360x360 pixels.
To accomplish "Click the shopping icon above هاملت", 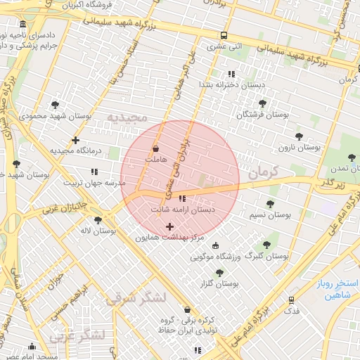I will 156,149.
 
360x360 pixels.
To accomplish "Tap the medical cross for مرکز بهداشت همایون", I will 169,226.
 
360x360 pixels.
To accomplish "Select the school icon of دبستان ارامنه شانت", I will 183,198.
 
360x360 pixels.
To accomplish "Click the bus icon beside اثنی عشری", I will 224,36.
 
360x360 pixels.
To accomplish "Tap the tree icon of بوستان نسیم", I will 271,204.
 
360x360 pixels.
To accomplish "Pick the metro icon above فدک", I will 292,300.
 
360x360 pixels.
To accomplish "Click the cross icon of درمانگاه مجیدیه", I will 75,140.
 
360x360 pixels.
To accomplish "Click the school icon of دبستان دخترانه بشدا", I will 231,74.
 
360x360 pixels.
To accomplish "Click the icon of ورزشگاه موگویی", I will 215,245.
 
